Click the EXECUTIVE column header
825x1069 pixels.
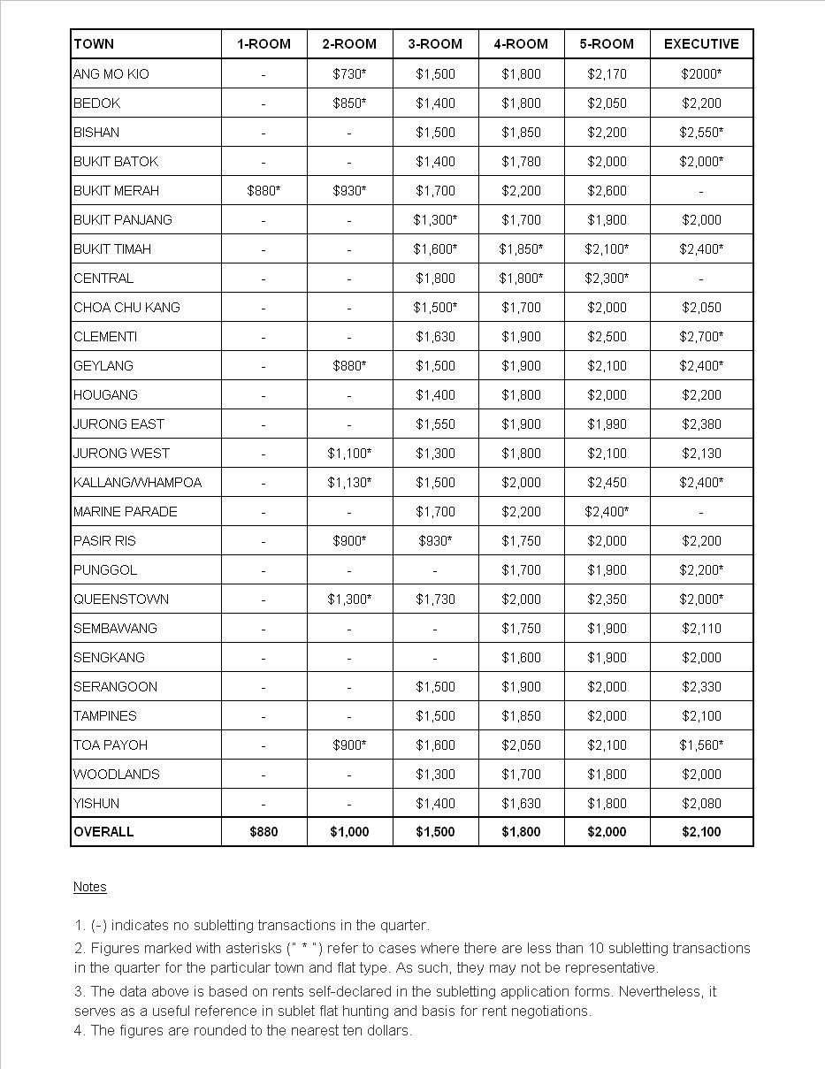701,44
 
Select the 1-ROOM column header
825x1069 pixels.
264,44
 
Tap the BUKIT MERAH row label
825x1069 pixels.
116,191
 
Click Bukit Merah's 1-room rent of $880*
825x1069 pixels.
264,191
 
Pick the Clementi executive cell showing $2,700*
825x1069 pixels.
701,337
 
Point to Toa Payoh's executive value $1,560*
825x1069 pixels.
701,745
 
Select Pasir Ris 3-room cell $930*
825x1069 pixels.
435,541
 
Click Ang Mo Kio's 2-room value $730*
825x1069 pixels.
349,74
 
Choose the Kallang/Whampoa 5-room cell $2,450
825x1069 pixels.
607,483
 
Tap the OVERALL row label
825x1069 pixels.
103,832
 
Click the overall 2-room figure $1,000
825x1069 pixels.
349,832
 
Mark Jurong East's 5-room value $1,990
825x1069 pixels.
607,424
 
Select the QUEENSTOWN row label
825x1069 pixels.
121,599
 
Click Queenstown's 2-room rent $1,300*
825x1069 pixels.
349,599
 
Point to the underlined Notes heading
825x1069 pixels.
89,887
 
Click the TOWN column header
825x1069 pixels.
94,44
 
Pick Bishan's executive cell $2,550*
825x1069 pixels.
701,133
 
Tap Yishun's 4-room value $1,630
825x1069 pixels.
521,804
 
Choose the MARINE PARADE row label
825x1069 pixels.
125,512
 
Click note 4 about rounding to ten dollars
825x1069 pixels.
243,1030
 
